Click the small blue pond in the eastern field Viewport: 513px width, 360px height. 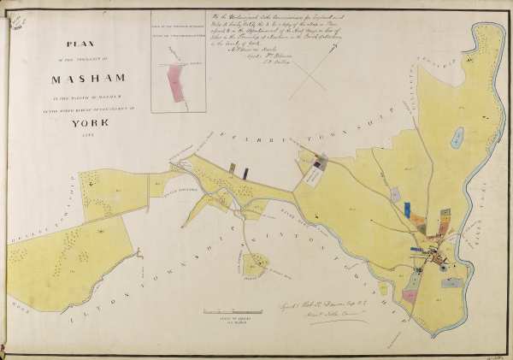click(x=459, y=135)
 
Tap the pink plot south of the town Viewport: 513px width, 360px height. click(x=410, y=296)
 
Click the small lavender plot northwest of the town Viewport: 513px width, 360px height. click(x=395, y=195)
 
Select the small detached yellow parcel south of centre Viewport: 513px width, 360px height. click(x=253, y=265)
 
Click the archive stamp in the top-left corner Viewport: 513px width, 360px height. click(x=15, y=25)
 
